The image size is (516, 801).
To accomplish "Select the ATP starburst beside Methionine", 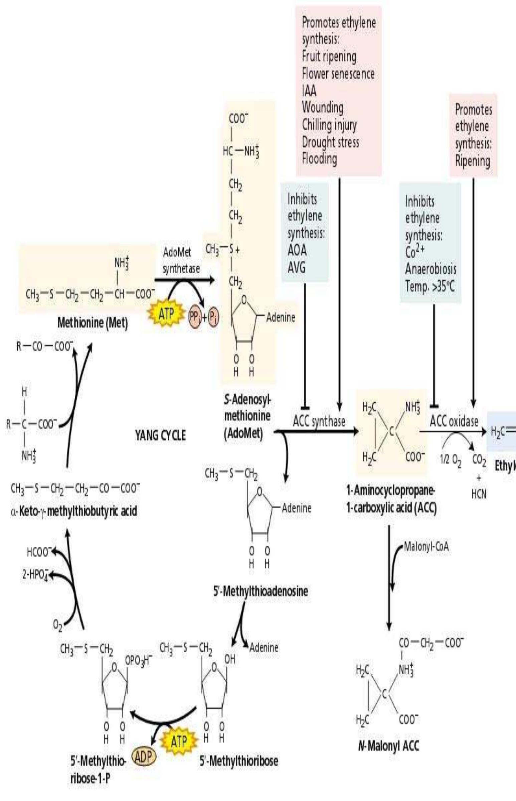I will click(167, 314).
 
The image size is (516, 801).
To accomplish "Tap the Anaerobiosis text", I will click(431, 269).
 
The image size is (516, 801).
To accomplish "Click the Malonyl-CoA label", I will click(426, 547).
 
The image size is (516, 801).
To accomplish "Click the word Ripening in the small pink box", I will click(473, 161).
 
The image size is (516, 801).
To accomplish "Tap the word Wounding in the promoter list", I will click(323, 108).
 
